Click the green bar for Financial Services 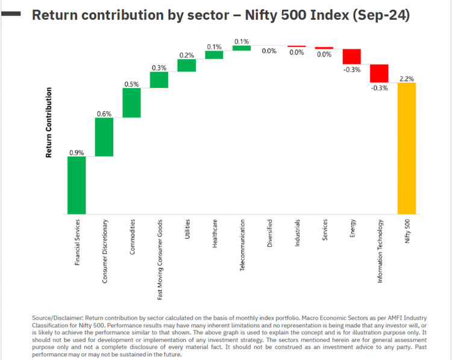77,185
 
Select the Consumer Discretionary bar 104,137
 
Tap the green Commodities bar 131,103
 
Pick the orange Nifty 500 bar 407,148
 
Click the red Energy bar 351,56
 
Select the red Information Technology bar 379,73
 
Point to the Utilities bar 187,65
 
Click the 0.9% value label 77,153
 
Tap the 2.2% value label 407,78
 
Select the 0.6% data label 104,113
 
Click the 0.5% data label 131,84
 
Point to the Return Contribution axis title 49,123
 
